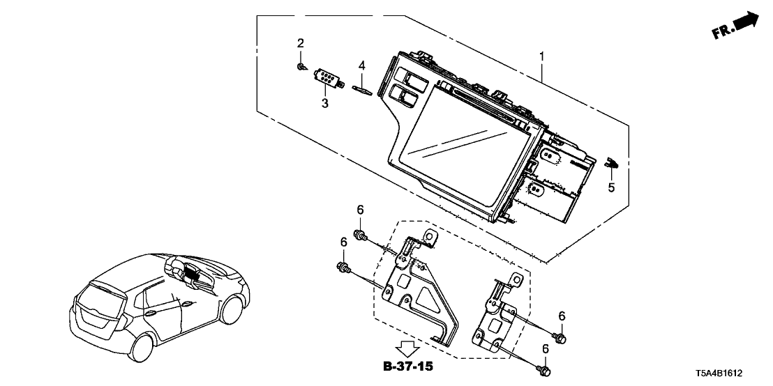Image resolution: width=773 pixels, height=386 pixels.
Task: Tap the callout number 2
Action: click(301, 43)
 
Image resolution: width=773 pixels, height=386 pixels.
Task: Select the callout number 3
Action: click(324, 104)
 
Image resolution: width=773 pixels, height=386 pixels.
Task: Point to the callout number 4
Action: click(361, 65)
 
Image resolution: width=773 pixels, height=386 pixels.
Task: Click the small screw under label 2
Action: click(300, 67)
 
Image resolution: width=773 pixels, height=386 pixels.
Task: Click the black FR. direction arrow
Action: click(745, 22)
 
